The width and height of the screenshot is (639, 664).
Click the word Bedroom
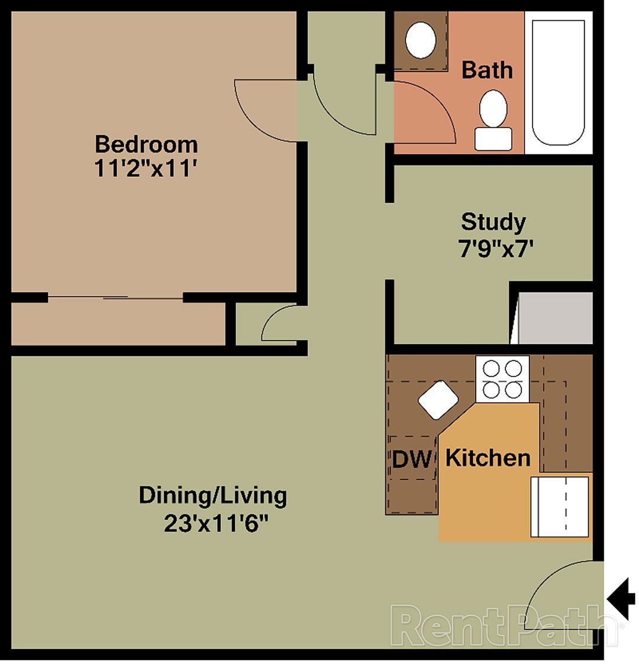[x=146, y=144]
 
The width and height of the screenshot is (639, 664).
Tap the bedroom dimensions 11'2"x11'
[x=146, y=169]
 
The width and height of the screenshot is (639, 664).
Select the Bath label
[x=487, y=70]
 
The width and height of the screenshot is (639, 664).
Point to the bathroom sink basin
[x=421, y=40]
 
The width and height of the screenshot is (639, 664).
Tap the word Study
[x=493, y=222]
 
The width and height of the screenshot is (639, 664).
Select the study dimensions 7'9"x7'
[x=493, y=248]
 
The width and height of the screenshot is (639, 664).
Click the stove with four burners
[x=502, y=380]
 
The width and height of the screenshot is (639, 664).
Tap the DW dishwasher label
[x=412, y=459]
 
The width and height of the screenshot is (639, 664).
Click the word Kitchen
[x=488, y=458]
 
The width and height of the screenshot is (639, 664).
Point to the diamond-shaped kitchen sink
[x=438, y=400]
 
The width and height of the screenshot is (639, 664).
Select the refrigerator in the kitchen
[x=560, y=506]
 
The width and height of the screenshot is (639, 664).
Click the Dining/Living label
[x=212, y=495]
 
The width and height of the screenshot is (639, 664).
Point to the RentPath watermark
[x=506, y=624]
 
